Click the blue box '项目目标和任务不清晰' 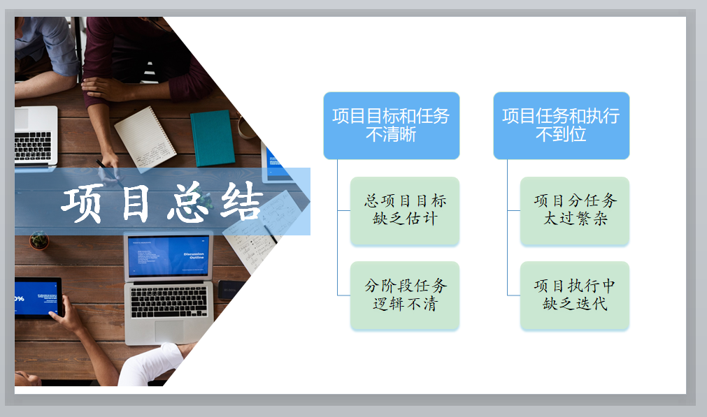[x=392, y=126]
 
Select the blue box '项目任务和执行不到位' [x=562, y=126]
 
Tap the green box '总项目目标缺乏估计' [x=405, y=210]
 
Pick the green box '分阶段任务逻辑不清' [x=405, y=295]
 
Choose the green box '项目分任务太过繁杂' [x=575, y=210]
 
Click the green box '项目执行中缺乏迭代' [x=575, y=295]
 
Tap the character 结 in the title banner [x=241, y=201]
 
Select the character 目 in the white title [x=135, y=203]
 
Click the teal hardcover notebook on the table [x=213, y=138]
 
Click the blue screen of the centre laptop [x=169, y=256]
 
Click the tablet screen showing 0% [x=36, y=298]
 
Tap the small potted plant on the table [x=38, y=240]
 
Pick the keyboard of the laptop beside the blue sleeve [x=33, y=147]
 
